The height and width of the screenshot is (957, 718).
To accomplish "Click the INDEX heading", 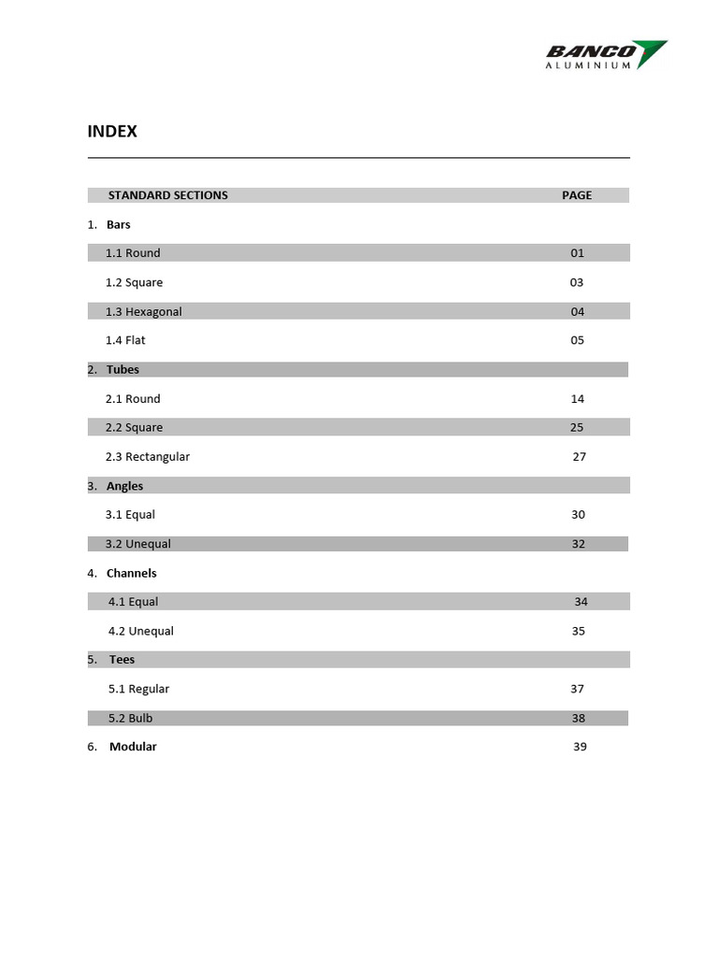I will (x=112, y=132).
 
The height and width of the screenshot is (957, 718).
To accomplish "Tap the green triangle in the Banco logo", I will (x=653, y=52).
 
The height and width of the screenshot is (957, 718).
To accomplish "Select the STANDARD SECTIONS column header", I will (x=168, y=195).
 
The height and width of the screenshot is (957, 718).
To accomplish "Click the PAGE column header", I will (x=577, y=195).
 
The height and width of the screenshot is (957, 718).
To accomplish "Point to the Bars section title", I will (x=119, y=224).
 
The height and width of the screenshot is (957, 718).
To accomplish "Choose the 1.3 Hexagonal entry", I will (x=144, y=311).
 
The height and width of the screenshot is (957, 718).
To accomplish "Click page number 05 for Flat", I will (x=577, y=340).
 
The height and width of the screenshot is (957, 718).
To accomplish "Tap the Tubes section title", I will (x=122, y=369).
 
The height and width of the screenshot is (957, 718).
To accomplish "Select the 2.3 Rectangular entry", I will (x=148, y=457).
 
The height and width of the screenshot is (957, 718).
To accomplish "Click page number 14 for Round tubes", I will (x=577, y=399).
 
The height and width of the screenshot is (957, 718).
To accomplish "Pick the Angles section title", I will (x=124, y=486).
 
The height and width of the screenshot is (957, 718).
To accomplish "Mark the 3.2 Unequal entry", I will (x=138, y=544).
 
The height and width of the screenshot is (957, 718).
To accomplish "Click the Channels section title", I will (x=131, y=573).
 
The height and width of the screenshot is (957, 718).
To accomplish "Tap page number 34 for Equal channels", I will (x=581, y=602).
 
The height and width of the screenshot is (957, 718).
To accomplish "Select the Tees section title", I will (x=122, y=660).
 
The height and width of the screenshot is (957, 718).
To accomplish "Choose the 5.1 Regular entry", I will (x=139, y=689).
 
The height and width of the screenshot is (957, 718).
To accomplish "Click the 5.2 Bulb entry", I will (x=131, y=719).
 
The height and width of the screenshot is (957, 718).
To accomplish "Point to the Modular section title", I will (x=133, y=747).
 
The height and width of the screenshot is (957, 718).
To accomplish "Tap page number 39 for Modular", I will (x=580, y=747).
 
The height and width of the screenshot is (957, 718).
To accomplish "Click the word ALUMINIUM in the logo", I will (x=588, y=65).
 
